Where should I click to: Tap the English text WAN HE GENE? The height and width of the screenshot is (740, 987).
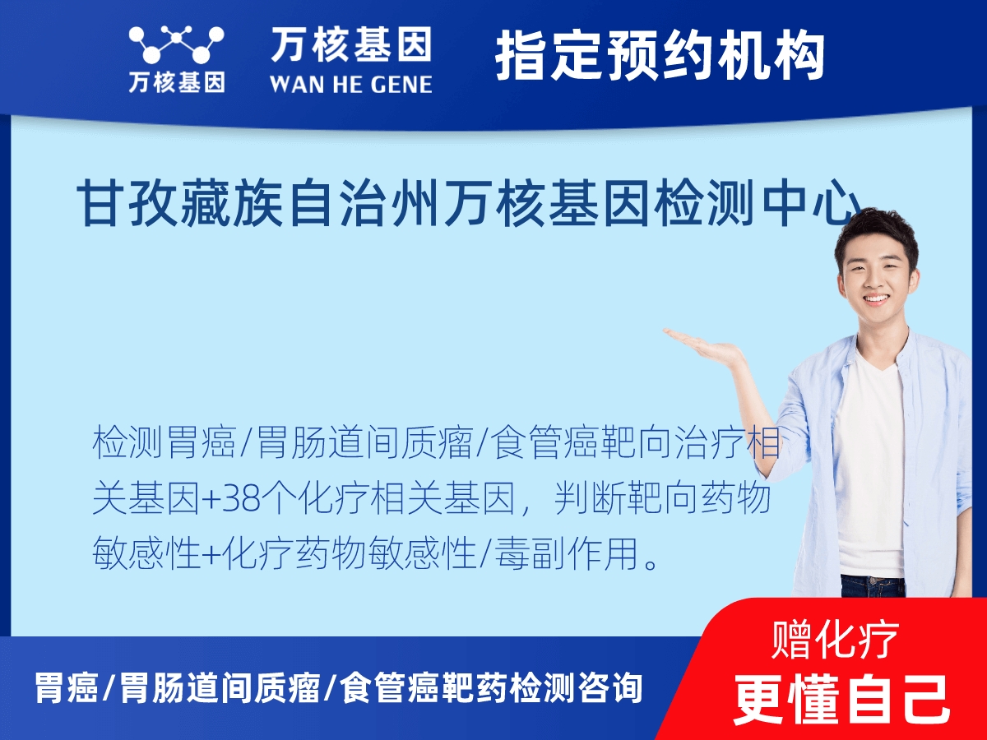coord(350,83)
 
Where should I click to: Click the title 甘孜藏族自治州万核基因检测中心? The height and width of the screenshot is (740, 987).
coord(469,205)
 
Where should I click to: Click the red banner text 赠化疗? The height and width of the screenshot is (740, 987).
coord(836,640)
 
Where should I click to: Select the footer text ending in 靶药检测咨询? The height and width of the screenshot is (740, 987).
coord(338,688)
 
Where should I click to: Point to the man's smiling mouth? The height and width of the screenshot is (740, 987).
coord(875,300)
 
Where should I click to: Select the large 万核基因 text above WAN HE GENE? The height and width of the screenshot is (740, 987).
coord(350,44)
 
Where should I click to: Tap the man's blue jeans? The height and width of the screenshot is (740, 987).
coord(872,586)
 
